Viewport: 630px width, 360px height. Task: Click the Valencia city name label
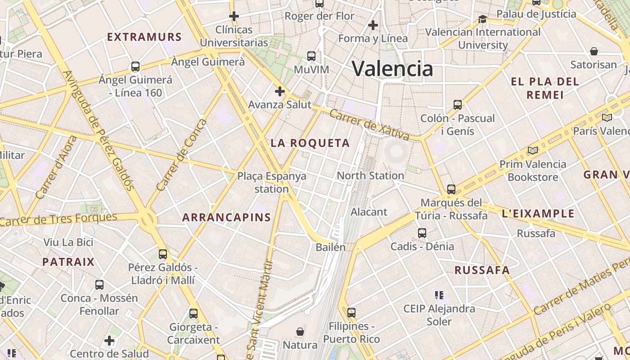tap(392, 69)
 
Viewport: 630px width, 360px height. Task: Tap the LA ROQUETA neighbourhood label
tap(310, 143)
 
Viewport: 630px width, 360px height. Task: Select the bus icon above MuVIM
tap(311, 56)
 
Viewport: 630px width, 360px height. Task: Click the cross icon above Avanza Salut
tap(280, 91)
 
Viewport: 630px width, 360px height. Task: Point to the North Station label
tap(370, 175)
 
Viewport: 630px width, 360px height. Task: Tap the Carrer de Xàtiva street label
tap(369, 123)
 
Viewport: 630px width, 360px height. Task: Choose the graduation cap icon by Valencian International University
tap(483, 19)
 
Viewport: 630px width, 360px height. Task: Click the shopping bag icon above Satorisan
tap(594, 51)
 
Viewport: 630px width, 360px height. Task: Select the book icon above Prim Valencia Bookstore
tap(533, 151)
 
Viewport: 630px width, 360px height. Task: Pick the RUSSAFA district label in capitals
tap(482, 270)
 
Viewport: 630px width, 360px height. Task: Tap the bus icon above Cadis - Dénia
tap(422, 233)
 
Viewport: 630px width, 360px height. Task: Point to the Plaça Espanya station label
tap(272, 182)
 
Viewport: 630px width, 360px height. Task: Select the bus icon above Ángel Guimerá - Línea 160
tap(135, 67)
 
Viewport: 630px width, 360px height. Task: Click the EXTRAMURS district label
tap(144, 37)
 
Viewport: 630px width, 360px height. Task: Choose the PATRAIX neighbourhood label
tap(68, 262)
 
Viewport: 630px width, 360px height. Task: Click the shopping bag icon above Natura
tap(300, 332)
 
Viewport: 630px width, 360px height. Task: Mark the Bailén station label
tap(331, 247)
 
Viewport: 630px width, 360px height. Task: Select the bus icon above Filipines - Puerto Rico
tap(351, 312)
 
